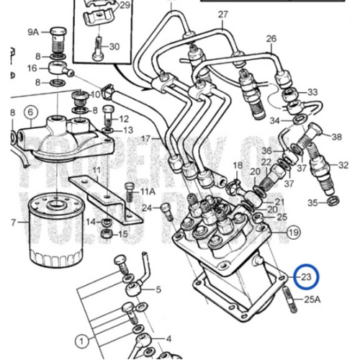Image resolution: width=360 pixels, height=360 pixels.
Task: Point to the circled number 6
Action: pyautogui.click(x=30, y=112)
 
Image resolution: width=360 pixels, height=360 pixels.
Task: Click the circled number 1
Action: pyautogui.click(x=82, y=339)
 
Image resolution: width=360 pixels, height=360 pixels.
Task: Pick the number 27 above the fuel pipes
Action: pyautogui.click(x=222, y=15)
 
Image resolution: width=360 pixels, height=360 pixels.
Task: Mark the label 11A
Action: pyautogui.click(x=148, y=192)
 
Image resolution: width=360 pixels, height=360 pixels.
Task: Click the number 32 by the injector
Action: pyautogui.click(x=343, y=165)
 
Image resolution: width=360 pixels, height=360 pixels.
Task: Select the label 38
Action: pyautogui.click(x=336, y=137)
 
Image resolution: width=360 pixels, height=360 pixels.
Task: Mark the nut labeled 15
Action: pyautogui.click(x=104, y=234)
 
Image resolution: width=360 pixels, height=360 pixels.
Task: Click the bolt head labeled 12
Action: pyautogui.click(x=107, y=112)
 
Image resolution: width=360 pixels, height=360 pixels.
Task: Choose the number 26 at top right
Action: pyautogui.click(x=271, y=38)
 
